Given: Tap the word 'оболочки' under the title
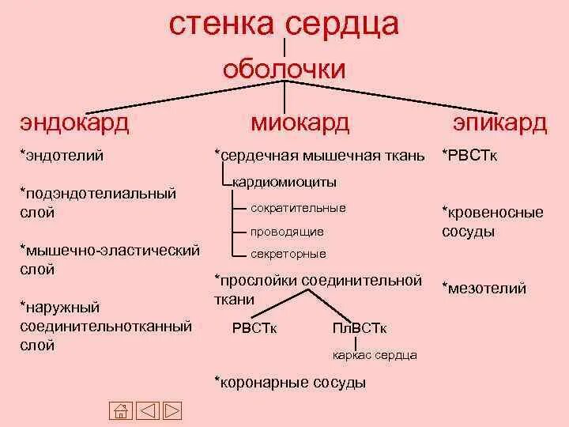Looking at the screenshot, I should coord(284,69).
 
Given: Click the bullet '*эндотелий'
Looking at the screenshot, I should coord(62,156).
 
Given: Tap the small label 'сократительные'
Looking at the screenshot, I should coord(298,208).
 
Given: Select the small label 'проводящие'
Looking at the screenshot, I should coord(287,232).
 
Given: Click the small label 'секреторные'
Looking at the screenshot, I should coord(288,255).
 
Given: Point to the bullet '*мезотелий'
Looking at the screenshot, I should coord(484,289).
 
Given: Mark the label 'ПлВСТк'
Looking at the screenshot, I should coord(360,328).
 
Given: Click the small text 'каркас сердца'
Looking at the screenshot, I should coord(375,355).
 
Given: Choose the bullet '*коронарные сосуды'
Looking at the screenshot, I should coord(290,382).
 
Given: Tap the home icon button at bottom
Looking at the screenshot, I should coord(119,410).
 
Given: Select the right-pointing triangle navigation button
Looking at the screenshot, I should coord(172,410).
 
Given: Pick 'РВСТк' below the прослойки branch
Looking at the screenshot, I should coord(254,328).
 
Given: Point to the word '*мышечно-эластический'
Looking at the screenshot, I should coord(109,251).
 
